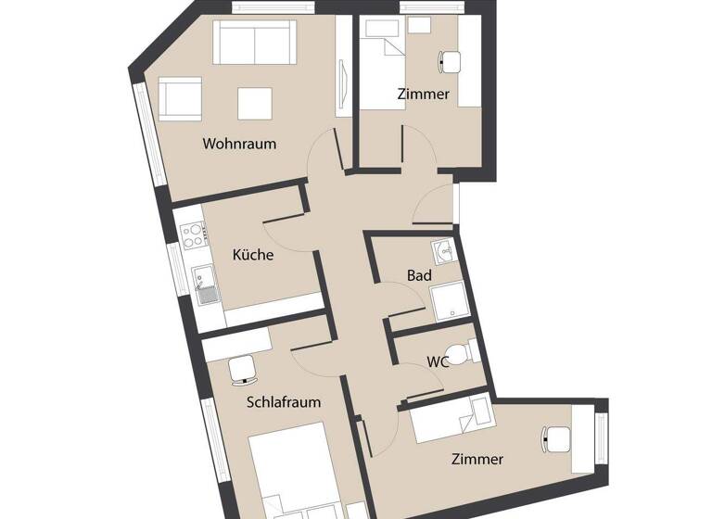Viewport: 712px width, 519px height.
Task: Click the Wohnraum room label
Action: [240, 145]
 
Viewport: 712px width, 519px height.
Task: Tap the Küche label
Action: [253, 255]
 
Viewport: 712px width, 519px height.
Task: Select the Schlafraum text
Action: [284, 402]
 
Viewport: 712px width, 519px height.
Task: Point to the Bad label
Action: [419, 275]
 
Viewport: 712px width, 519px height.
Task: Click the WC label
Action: [439, 362]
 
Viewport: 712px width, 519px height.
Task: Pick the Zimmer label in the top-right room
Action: [423, 95]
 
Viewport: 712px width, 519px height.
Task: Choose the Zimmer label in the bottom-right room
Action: [477, 459]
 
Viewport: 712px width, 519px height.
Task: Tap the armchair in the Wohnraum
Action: [179, 98]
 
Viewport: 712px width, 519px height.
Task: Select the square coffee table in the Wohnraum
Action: [254, 102]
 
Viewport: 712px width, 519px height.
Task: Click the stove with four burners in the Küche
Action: [193, 234]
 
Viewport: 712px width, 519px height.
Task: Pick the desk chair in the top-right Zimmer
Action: [450, 61]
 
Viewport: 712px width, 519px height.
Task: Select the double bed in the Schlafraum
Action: [286, 472]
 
